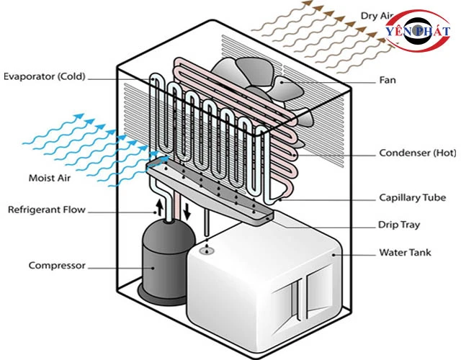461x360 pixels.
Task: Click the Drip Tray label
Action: [399, 225]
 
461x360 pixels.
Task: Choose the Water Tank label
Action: [404, 253]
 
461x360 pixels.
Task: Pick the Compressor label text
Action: [57, 266]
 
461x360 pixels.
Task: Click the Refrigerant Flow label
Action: [47, 210]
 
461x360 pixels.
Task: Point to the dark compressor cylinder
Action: [162, 259]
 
